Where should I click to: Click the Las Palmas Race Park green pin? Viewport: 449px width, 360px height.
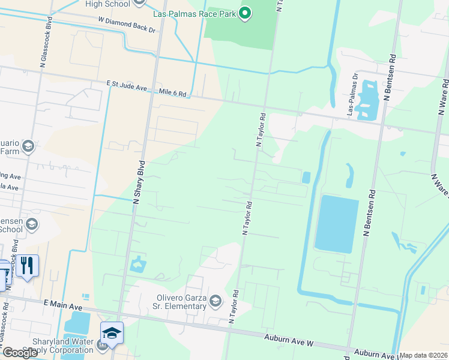coord(245,13)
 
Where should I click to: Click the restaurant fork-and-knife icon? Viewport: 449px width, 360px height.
coord(27,265)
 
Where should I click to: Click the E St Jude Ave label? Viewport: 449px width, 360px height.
coord(127,87)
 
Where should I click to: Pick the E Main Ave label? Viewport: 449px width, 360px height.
coord(62,306)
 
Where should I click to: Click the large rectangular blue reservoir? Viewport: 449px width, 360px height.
coord(336,223)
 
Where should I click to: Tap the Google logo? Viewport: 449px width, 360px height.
coord(19,353)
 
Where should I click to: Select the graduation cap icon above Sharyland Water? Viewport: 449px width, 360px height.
coord(112,333)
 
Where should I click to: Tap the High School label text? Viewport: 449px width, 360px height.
coord(107,4)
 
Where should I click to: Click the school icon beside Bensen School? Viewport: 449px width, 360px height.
coord(32,224)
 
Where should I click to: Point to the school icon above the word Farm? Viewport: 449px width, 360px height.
coord(28,146)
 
